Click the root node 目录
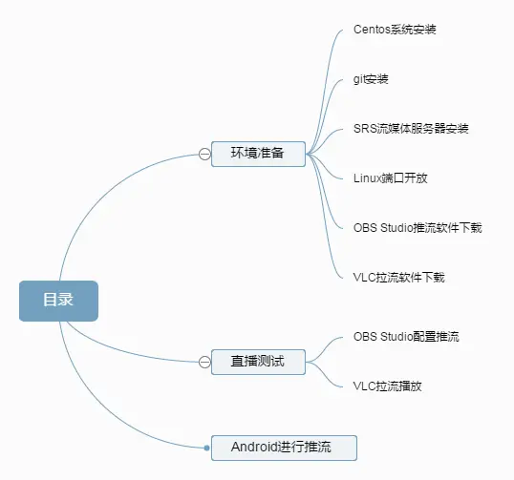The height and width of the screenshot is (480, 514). pyautogui.click(x=58, y=301)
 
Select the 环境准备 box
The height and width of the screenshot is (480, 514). pyautogui.click(x=258, y=153)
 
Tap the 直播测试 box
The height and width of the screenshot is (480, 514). pyautogui.click(x=258, y=362)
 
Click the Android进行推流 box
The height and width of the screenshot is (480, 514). pyautogui.click(x=283, y=447)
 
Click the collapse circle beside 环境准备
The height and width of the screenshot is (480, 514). pyautogui.click(x=204, y=154)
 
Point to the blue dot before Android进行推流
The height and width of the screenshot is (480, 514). pyautogui.click(x=206, y=447)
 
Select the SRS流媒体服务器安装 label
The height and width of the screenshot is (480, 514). pyautogui.click(x=410, y=129)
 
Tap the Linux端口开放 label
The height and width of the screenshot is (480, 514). pyautogui.click(x=390, y=177)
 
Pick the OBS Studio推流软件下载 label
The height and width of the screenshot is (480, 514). pyautogui.click(x=417, y=227)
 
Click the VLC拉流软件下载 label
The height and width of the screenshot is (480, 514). pyautogui.click(x=398, y=277)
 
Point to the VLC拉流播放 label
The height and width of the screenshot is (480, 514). pyautogui.click(x=387, y=386)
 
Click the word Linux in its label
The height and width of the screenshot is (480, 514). pyautogui.click(x=367, y=177)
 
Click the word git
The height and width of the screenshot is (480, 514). pyautogui.click(x=358, y=79)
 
